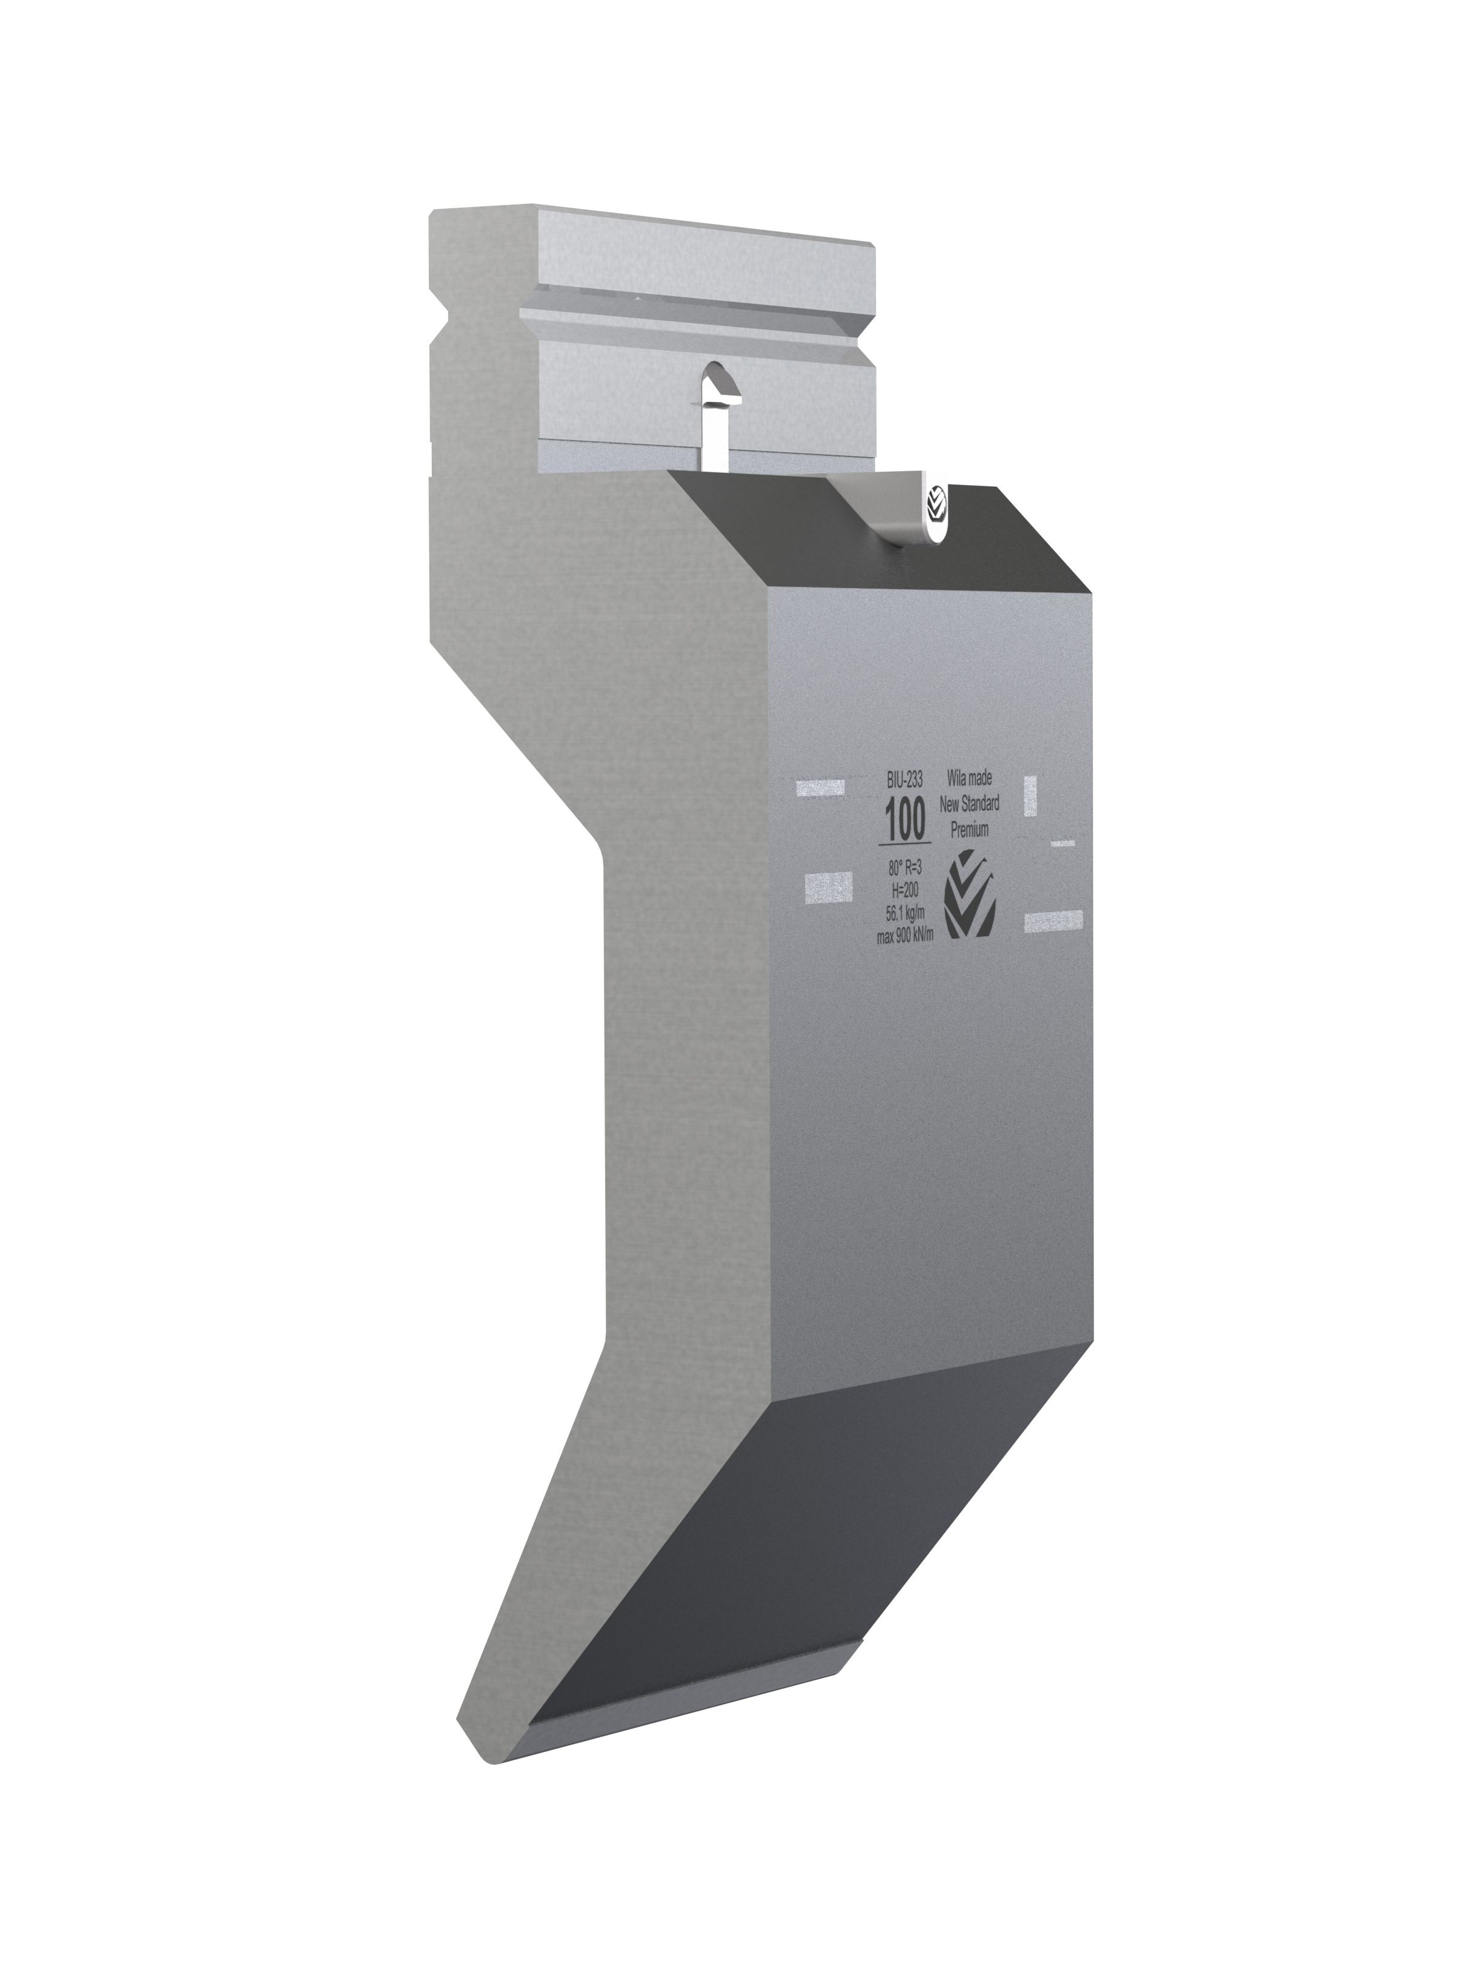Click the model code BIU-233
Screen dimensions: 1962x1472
pyautogui.click(x=904, y=779)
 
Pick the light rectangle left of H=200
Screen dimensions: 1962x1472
pyautogui.click(x=827, y=885)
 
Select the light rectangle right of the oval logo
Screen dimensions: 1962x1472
pyautogui.click(x=1053, y=920)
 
